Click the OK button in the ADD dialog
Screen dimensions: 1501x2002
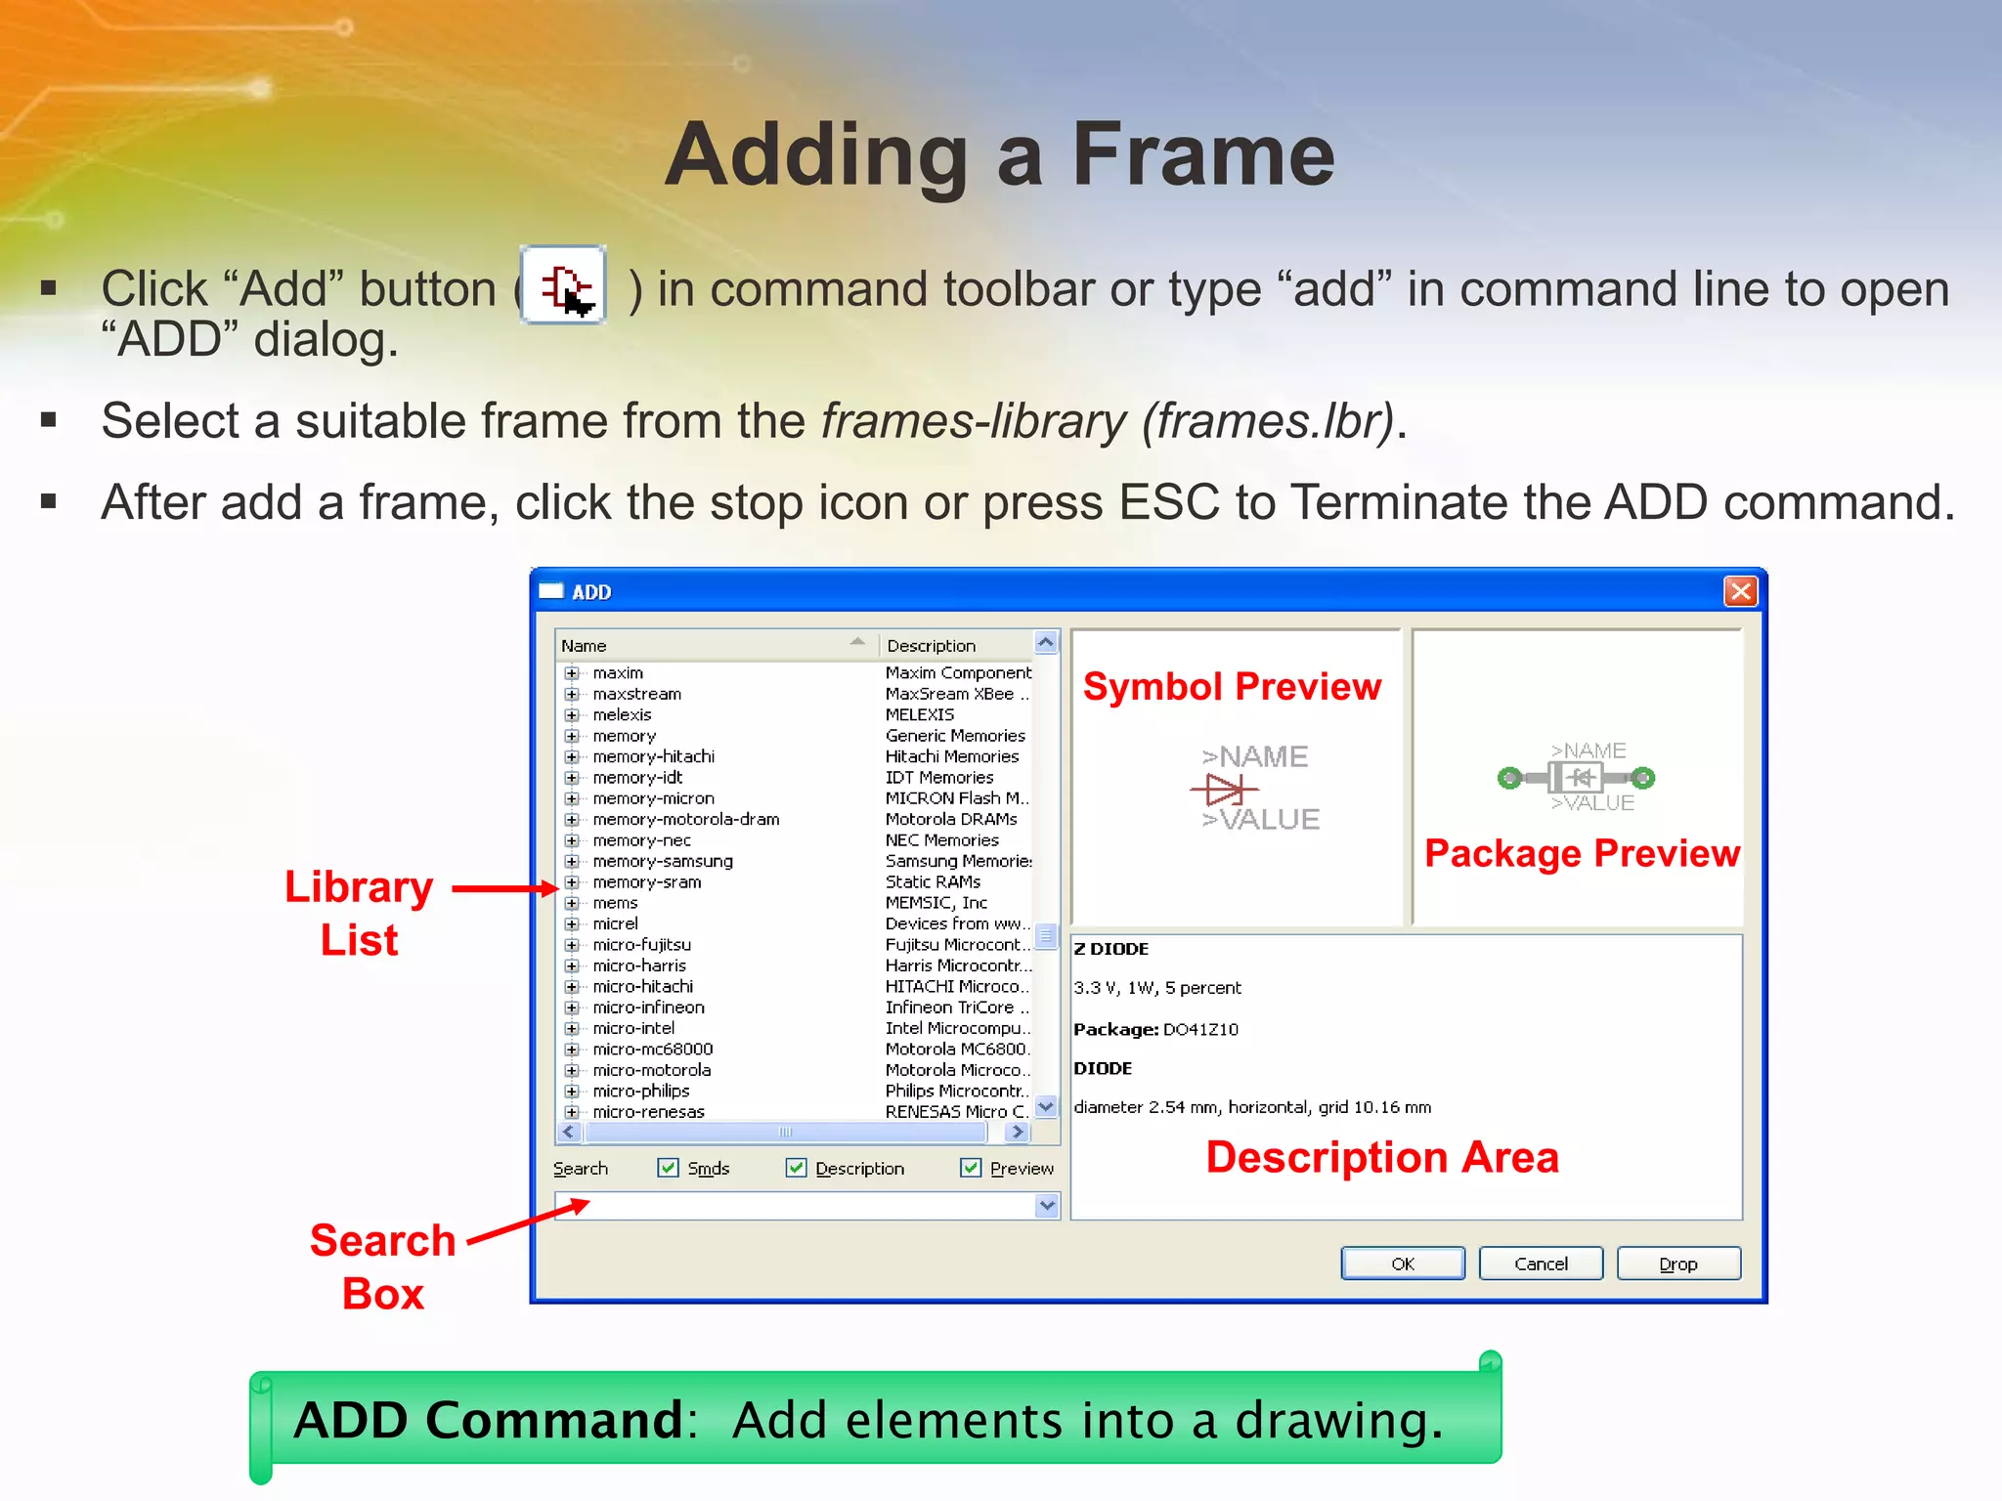coord(1402,1264)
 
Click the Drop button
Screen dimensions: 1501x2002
coord(1677,1264)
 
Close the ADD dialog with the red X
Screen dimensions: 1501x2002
coord(1740,591)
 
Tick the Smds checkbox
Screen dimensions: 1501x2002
coord(669,1168)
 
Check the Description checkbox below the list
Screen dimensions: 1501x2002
coord(797,1168)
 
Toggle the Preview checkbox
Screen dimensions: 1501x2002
coord(971,1168)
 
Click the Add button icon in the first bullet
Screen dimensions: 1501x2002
coord(564,285)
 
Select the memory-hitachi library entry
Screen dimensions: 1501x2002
coord(653,756)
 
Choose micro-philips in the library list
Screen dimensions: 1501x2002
coord(640,1091)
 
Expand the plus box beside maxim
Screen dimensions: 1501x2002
coord(572,673)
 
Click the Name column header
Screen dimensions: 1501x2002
coord(584,646)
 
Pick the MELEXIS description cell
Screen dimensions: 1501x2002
coord(919,714)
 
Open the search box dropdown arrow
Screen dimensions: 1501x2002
coord(1047,1205)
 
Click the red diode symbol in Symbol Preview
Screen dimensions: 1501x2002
coord(1223,788)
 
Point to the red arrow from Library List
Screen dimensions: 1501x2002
coord(504,888)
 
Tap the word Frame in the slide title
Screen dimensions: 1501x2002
coord(1202,156)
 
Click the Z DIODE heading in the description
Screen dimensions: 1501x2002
coord(1111,949)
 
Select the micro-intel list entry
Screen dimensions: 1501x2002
coord(633,1028)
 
